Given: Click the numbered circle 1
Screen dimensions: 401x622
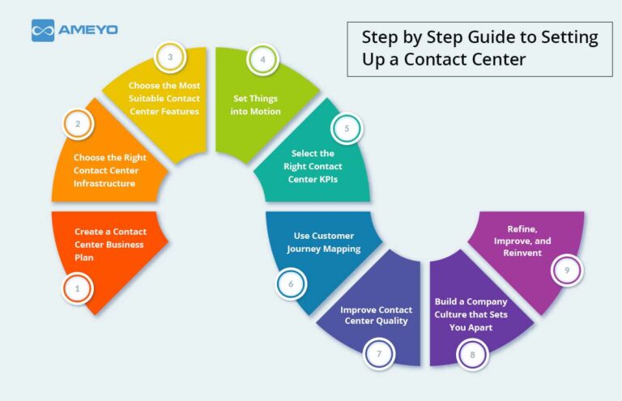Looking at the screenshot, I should [78, 288].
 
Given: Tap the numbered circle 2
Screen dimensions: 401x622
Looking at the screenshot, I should [78, 124].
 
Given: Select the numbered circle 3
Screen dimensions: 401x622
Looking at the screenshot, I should [170, 58].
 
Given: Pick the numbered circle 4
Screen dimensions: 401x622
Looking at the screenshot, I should [262, 59].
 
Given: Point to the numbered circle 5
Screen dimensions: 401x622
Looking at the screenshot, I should [346, 127].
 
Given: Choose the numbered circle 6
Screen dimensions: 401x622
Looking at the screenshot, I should [290, 284].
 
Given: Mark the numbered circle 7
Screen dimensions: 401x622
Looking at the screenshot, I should [378, 352].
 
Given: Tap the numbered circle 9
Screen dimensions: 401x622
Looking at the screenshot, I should [566, 270].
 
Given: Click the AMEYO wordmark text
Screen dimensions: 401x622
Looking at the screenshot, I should [88, 30].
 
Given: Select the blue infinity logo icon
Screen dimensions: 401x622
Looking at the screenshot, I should [43, 31].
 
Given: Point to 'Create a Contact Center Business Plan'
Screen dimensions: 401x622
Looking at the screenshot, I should [110, 244].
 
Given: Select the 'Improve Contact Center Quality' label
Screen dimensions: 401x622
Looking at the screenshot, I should [376, 314].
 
